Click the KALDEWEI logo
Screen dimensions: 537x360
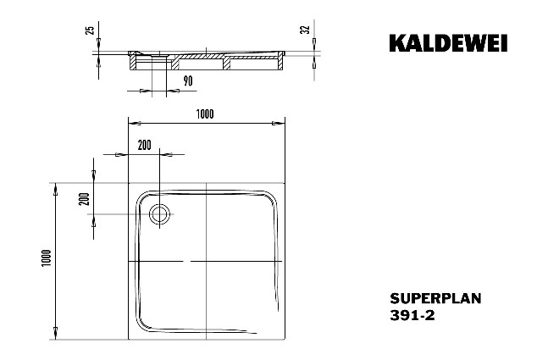coord(448,43)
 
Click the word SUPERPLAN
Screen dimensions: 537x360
coord(435,298)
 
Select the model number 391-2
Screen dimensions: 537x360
coord(412,315)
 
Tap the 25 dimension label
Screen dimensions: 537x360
coord(90,30)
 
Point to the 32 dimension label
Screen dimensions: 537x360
coord(305,30)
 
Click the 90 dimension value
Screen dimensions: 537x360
coord(188,81)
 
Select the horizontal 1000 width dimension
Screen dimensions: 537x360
coord(205,114)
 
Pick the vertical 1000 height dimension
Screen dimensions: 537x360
coord(47,258)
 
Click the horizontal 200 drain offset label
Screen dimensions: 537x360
coord(144,145)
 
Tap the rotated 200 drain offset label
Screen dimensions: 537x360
coord(84,199)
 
